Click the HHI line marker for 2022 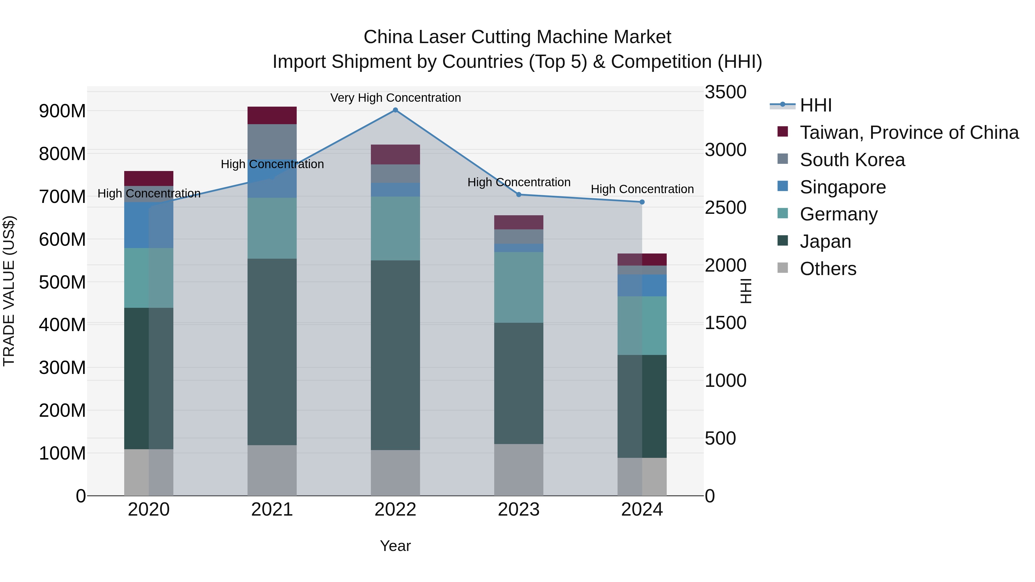395,110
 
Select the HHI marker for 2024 642,202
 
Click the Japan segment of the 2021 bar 272,351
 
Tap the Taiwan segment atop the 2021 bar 272,115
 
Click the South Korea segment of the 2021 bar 272,141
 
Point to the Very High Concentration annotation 395,98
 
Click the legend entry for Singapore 843,187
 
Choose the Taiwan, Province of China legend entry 909,132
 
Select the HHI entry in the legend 816,105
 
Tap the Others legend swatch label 828,269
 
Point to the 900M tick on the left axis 62,111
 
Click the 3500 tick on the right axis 726,92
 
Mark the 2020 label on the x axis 149,510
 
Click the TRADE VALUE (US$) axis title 9,291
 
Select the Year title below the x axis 395,546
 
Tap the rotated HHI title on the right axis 746,291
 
